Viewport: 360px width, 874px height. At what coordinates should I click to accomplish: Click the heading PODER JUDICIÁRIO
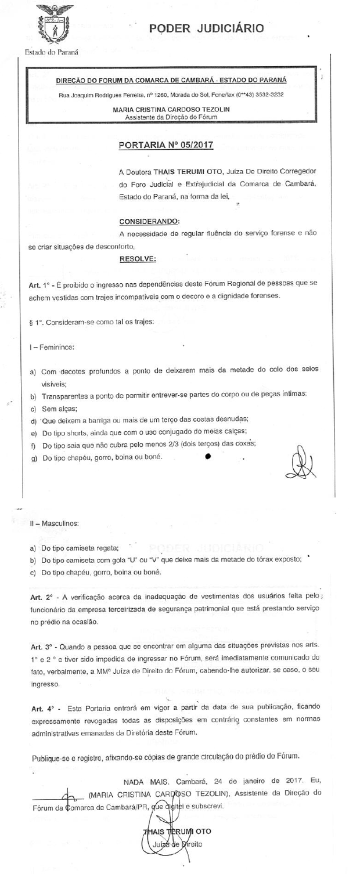click(206, 28)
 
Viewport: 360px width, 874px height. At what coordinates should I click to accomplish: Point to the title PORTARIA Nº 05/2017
click(165, 145)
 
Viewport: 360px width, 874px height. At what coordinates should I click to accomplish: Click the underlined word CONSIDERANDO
click(149, 222)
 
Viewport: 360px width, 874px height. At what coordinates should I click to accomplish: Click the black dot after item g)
click(208, 457)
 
